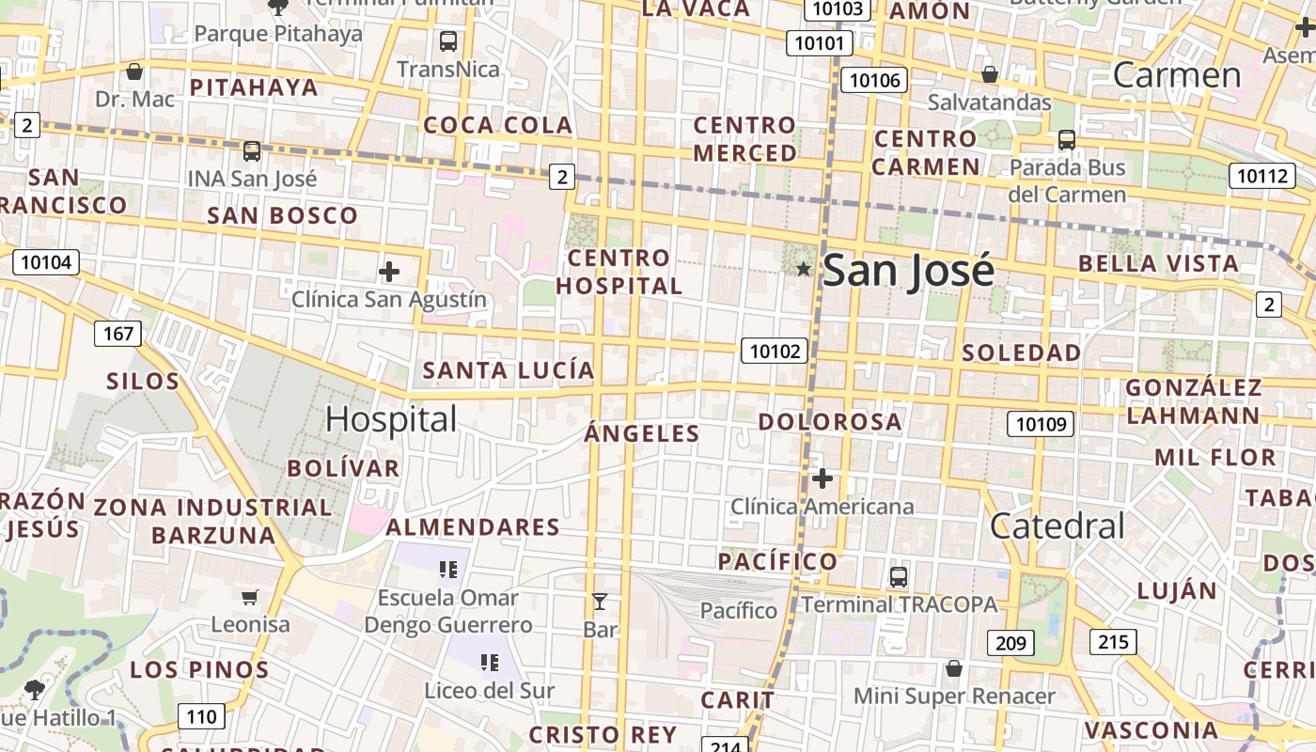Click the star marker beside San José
click(804, 270)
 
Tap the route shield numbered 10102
click(775, 351)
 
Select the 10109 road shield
click(1041, 424)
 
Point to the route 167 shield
click(118, 333)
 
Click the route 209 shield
click(1010, 643)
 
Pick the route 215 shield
click(1113, 642)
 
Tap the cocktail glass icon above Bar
click(599, 602)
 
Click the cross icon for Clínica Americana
click(822, 478)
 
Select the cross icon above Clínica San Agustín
click(389, 273)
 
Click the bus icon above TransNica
click(448, 40)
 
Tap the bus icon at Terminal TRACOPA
click(899, 576)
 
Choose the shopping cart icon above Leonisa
click(250, 597)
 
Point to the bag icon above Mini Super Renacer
click(954, 668)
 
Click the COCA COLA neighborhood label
click(497, 125)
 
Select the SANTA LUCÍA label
click(509, 370)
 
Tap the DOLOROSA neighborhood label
click(830, 422)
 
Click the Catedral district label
click(1057, 525)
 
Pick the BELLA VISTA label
click(1158, 263)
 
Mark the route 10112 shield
click(1261, 176)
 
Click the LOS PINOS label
click(199, 670)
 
